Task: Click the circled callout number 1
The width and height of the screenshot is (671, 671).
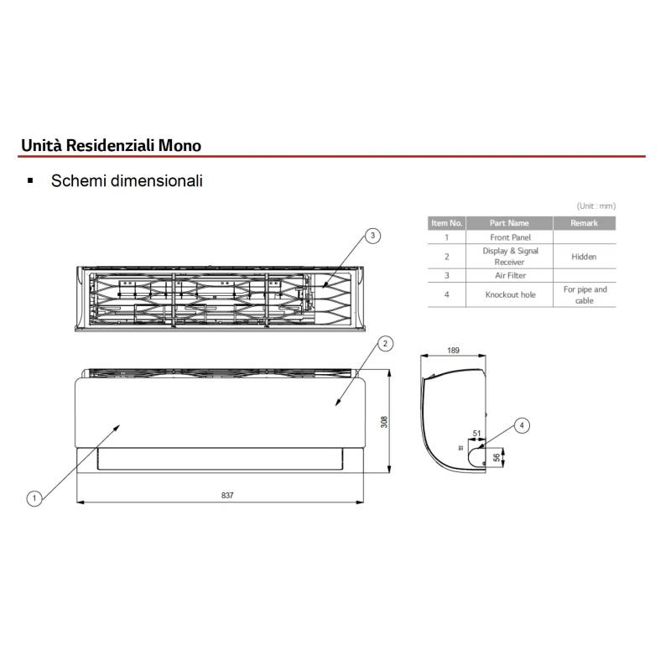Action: click(34, 498)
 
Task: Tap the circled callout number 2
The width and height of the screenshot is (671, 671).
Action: click(385, 343)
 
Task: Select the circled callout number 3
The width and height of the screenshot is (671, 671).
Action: click(372, 236)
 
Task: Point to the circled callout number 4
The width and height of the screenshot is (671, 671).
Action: click(521, 425)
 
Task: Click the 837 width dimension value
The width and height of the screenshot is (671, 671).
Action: click(227, 495)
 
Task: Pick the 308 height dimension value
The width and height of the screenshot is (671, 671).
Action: click(384, 422)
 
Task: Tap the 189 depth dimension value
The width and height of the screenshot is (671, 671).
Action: click(453, 351)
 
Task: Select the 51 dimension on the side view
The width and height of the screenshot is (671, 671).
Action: click(476, 434)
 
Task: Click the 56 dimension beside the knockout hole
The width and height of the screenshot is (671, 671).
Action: click(496, 457)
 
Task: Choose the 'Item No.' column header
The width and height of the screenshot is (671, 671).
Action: click(447, 223)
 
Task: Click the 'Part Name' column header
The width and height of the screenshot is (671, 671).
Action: click(509, 223)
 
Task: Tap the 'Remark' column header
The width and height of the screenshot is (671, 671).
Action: click(584, 223)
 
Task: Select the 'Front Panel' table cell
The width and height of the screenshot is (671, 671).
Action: click(510, 237)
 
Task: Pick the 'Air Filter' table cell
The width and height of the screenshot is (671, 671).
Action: click(510, 276)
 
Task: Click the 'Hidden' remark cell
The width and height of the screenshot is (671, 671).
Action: click(584, 257)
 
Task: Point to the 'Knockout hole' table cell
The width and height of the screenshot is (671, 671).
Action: click(510, 295)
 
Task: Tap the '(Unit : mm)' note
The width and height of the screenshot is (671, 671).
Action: click(596, 206)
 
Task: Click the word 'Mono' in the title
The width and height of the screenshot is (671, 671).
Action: click(179, 145)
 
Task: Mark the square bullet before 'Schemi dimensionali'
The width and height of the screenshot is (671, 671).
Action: click(30, 180)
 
